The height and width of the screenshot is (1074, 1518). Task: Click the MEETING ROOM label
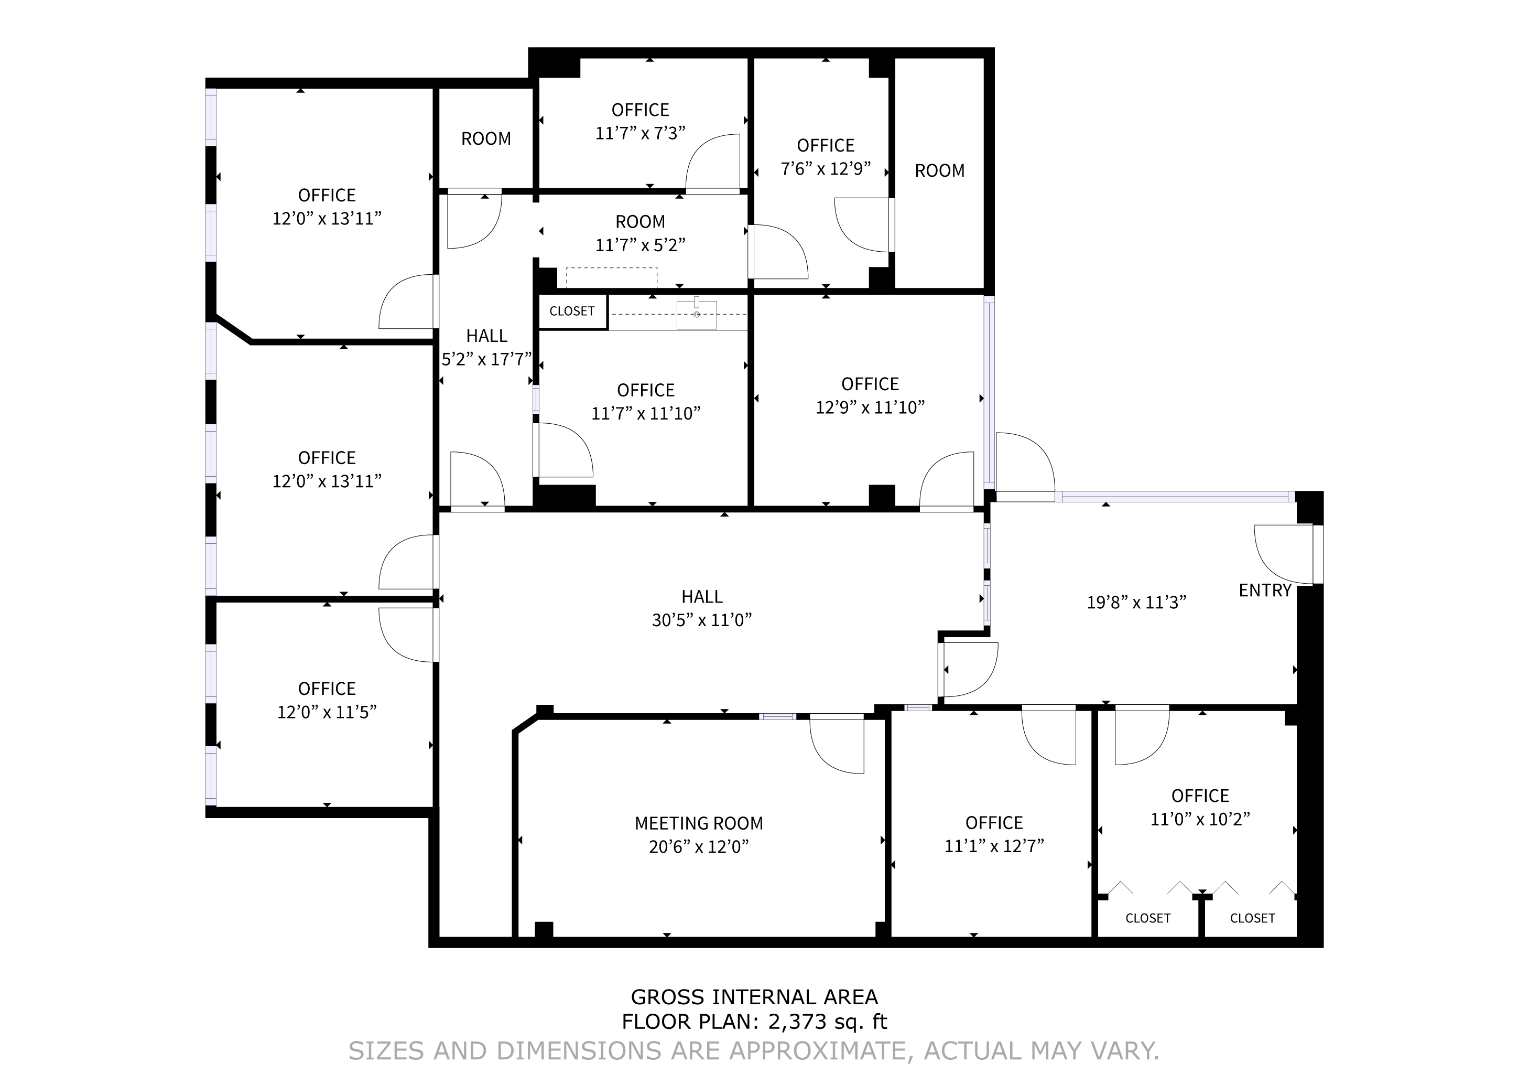click(x=699, y=823)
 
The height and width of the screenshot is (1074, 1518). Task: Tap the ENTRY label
click(x=1265, y=590)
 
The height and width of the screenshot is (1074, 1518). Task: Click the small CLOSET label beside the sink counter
click(x=572, y=311)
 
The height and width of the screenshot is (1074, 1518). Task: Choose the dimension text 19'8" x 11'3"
click(x=1136, y=603)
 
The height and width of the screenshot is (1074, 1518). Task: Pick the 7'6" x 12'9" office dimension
click(x=826, y=169)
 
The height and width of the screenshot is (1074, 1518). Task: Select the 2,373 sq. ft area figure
click(x=827, y=1022)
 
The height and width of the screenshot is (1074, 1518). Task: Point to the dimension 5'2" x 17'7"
click(x=486, y=360)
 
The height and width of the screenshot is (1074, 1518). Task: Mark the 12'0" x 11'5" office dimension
click(x=327, y=712)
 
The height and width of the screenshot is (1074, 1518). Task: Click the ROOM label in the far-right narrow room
click(x=939, y=170)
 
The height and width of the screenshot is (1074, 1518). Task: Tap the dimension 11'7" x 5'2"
click(x=640, y=245)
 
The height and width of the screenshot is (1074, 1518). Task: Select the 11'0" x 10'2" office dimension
click(x=1200, y=819)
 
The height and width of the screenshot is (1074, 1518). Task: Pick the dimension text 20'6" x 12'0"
click(x=699, y=847)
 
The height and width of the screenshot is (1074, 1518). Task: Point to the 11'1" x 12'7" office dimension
click(x=994, y=846)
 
